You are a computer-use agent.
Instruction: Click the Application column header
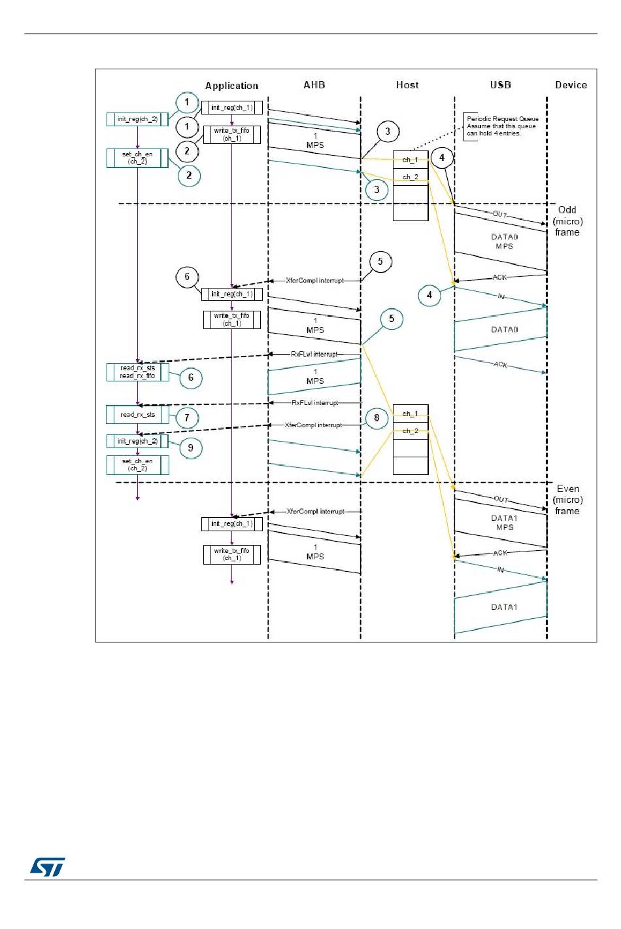231,86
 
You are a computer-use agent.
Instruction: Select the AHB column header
314,85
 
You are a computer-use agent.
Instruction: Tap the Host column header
407,85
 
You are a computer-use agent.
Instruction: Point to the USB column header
500,85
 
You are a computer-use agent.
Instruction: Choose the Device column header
571,85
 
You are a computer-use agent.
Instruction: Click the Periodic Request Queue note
501,126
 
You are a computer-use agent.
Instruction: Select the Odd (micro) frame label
567,221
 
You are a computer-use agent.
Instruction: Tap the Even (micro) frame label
567,500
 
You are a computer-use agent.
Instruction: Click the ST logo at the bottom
48,867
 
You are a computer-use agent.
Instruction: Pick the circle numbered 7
187,417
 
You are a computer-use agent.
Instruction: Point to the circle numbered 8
377,418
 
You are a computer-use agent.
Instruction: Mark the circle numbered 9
190,448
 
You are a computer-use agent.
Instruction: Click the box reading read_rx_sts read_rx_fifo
137,372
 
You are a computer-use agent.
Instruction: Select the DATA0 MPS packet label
504,241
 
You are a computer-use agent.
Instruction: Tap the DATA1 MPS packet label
504,523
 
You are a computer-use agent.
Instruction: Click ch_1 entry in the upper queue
410,160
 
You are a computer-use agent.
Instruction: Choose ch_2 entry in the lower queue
410,431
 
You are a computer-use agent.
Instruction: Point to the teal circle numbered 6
190,377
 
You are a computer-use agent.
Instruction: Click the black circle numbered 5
380,262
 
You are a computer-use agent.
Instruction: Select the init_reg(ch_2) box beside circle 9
137,442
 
